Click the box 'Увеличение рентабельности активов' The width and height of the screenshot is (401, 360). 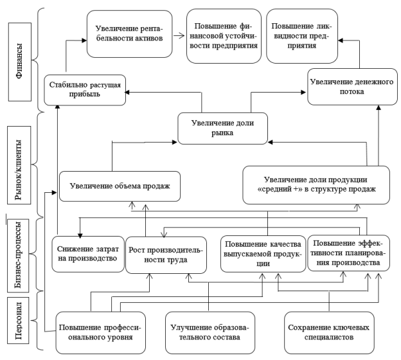point(129,34)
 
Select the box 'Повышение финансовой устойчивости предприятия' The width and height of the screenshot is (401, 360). point(224,36)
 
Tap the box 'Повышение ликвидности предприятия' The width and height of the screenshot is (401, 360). point(302,36)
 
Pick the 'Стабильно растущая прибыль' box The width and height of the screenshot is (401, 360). point(85,90)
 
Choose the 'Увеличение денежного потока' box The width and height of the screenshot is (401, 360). point(352,87)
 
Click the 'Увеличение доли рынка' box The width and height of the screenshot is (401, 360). point(223,129)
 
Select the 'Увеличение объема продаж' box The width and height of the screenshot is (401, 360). point(120,186)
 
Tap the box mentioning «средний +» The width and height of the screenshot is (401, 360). point(316,185)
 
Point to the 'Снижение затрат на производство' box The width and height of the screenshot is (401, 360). point(88,254)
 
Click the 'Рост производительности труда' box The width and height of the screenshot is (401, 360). point(166,255)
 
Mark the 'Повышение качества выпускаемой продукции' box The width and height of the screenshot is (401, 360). point(263,254)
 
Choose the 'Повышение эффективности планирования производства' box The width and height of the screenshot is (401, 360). point(348,253)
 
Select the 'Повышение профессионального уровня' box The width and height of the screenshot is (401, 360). point(100,332)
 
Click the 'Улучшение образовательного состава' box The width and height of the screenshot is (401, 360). point(210,332)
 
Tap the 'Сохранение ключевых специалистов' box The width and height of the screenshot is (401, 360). point(329,332)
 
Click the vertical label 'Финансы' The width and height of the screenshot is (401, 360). point(20,62)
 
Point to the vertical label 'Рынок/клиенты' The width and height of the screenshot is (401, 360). point(19,165)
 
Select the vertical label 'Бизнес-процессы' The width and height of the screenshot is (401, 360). point(18,255)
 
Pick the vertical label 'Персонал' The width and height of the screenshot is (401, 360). point(18,320)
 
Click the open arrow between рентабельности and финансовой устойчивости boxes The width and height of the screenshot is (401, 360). point(179,35)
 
